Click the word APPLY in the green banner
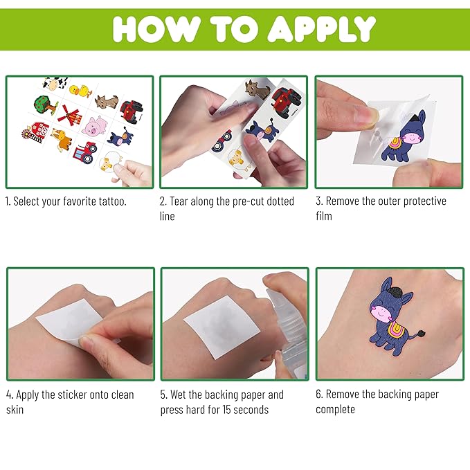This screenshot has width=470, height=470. pos(321,28)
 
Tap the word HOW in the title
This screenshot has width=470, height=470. pos(156,28)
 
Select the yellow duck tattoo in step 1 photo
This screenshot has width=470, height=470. pos(81,91)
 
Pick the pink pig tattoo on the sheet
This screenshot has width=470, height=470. pos(95,126)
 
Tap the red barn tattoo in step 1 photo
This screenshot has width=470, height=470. pos(37,132)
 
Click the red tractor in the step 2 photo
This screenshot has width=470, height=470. pos(286,102)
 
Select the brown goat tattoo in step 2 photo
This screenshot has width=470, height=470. pos(257,89)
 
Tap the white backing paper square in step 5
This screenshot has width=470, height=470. pos(222,326)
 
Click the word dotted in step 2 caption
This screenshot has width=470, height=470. pos(280,201)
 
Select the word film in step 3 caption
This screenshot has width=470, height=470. pos(324,216)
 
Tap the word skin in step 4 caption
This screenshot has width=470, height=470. pos(15,410)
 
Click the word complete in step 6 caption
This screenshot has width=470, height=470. pos(335,410)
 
